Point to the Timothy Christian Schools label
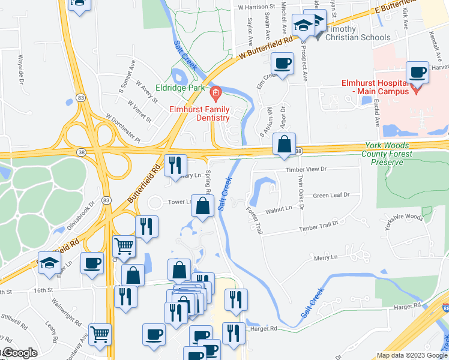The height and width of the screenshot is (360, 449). [357, 33]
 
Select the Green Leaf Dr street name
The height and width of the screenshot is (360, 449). [331, 195]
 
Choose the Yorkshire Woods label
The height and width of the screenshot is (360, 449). [406, 217]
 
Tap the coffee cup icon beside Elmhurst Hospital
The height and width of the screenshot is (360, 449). [418, 73]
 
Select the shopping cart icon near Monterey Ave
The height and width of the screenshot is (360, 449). [100, 334]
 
